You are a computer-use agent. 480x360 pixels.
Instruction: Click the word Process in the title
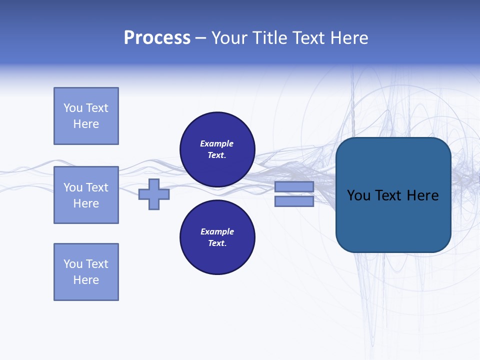point(157,38)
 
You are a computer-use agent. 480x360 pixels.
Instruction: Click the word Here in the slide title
point(347,38)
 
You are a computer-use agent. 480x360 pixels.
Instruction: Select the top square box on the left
point(86,116)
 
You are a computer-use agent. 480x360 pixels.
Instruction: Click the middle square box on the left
point(86,195)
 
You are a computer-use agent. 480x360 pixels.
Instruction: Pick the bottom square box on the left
point(86,272)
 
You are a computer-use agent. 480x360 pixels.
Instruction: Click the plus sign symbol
point(154,194)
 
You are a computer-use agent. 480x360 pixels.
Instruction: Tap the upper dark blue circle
point(217,149)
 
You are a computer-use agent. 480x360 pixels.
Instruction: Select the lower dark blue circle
point(217,237)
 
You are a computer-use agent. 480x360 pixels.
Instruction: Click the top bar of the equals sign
point(294,186)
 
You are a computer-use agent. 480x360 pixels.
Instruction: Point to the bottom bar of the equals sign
point(294,201)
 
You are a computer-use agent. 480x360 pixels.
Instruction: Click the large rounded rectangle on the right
point(393,220)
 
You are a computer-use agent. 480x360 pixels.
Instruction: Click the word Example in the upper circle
point(216,143)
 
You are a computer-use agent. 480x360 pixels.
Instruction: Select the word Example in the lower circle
point(217,231)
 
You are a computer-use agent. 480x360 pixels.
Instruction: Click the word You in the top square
point(72,108)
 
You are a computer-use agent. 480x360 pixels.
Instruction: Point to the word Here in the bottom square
point(86,280)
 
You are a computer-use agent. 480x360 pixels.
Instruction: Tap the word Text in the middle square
point(97,187)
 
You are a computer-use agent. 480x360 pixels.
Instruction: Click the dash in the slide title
point(201,38)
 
